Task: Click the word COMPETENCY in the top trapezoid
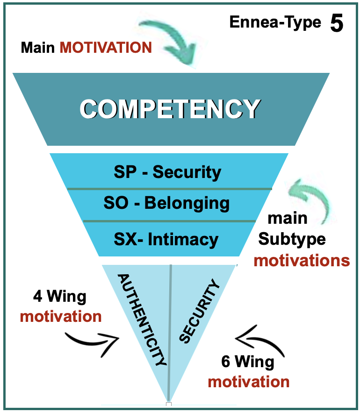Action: click(170, 109)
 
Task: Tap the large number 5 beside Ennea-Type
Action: click(336, 24)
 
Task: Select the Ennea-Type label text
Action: click(275, 22)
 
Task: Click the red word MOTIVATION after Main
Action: click(105, 47)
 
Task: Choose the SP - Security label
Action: click(167, 172)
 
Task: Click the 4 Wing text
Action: click(60, 297)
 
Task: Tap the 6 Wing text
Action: click(248, 362)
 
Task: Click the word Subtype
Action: click(292, 239)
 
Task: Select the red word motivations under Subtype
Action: click(302, 260)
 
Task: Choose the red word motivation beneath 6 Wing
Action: click(248, 382)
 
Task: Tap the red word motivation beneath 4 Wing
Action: click(61, 317)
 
